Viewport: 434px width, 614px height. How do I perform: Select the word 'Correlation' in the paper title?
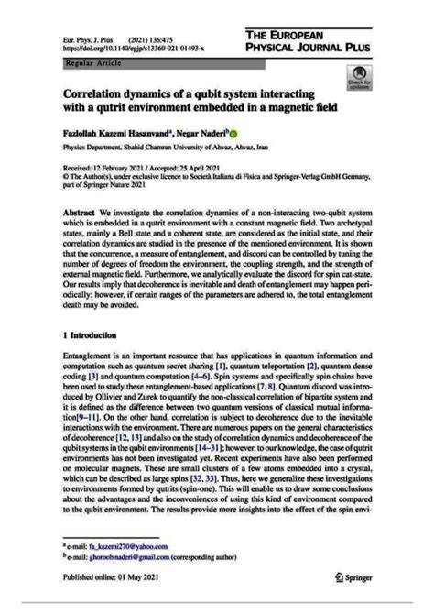[99, 93]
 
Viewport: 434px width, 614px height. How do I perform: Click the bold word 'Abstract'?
[80, 212]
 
